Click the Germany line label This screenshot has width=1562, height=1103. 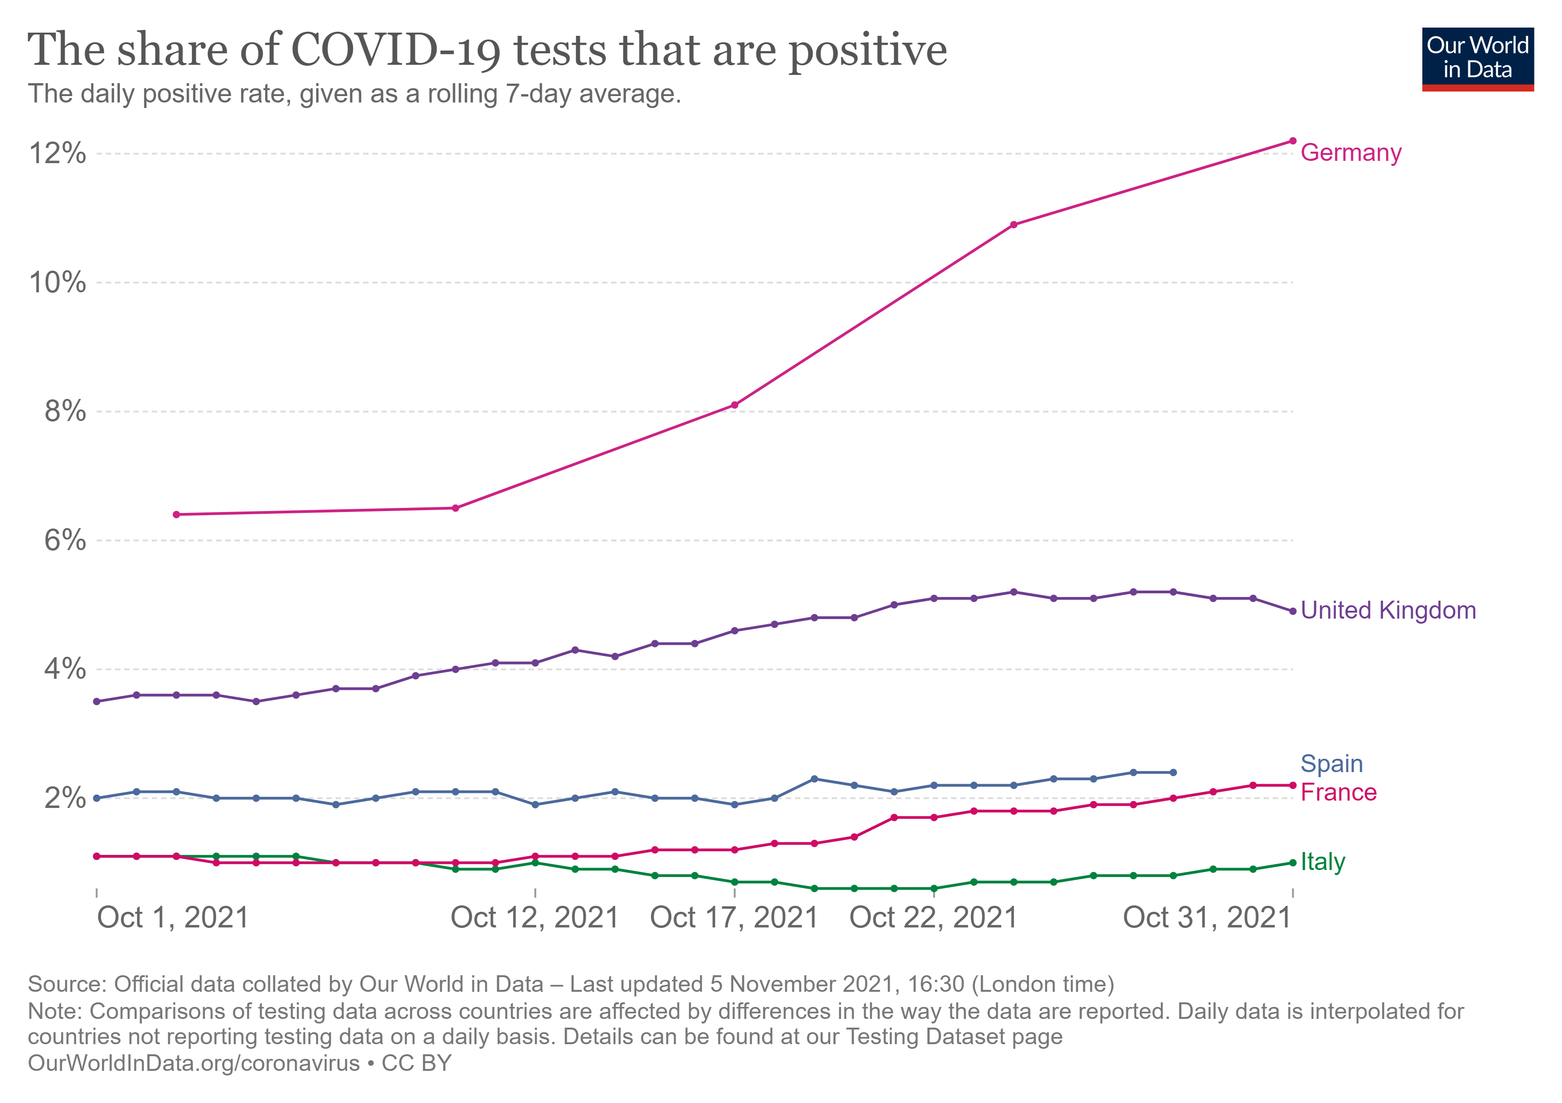click(x=1350, y=153)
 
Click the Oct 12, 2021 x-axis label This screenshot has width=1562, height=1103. click(x=535, y=917)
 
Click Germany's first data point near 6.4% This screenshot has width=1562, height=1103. click(x=176, y=514)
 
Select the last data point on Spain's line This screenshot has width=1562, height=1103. click(x=1173, y=772)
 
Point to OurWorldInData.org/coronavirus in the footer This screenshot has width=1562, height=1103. click(x=194, y=1063)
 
